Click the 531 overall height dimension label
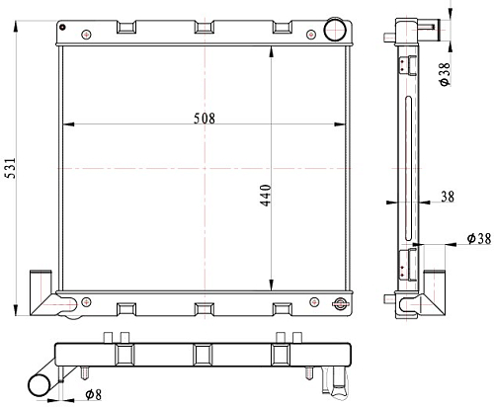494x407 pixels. pyautogui.click(x=11, y=168)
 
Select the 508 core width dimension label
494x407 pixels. pyautogui.click(x=205, y=119)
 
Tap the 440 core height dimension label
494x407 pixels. pyautogui.click(x=266, y=196)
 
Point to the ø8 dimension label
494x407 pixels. pyautogui.click(x=94, y=394)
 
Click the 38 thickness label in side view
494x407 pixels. pyautogui.click(x=448, y=197)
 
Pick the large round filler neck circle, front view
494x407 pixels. pyautogui.click(x=335, y=30)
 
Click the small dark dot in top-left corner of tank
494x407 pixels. pyautogui.click(x=62, y=27)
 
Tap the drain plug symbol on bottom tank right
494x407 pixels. pyautogui.click(x=340, y=303)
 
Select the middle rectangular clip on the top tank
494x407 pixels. pyautogui.click(x=205, y=28)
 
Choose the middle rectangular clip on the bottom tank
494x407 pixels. pyautogui.click(x=205, y=309)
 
